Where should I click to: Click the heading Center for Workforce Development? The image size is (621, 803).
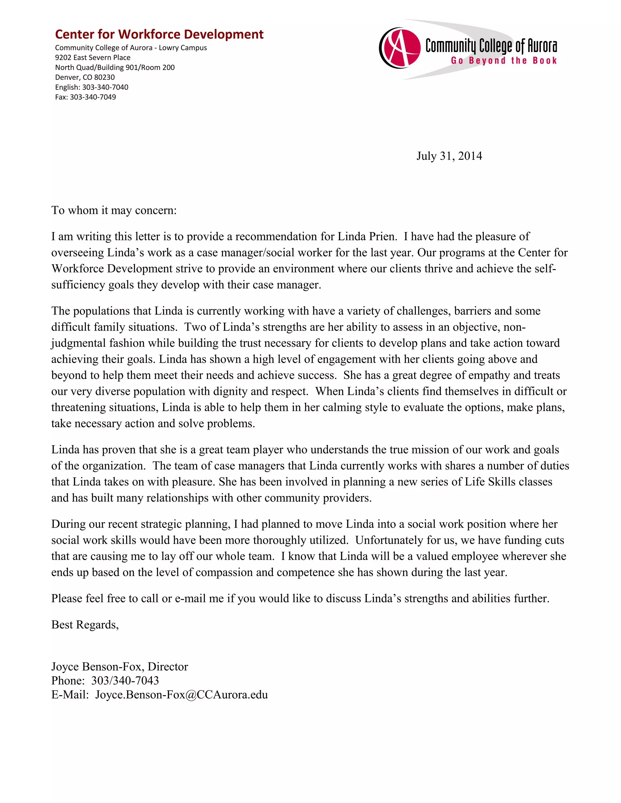click(159, 34)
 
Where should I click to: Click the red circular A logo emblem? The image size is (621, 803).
click(400, 48)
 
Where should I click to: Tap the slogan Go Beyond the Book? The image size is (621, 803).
click(504, 61)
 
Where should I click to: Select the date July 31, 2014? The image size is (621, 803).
click(449, 156)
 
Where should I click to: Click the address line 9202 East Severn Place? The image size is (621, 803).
click(93, 57)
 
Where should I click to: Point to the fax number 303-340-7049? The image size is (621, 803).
click(93, 97)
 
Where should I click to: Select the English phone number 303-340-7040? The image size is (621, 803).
click(105, 87)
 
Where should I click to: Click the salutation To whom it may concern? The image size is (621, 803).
click(114, 210)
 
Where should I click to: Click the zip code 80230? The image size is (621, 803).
click(105, 77)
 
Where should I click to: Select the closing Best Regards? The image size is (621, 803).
click(85, 625)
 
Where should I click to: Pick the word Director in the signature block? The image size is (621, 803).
click(168, 667)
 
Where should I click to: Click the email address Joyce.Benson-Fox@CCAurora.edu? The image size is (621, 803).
click(181, 695)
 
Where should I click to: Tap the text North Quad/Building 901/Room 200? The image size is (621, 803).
click(115, 67)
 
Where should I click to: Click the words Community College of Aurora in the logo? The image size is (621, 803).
click(491, 46)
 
